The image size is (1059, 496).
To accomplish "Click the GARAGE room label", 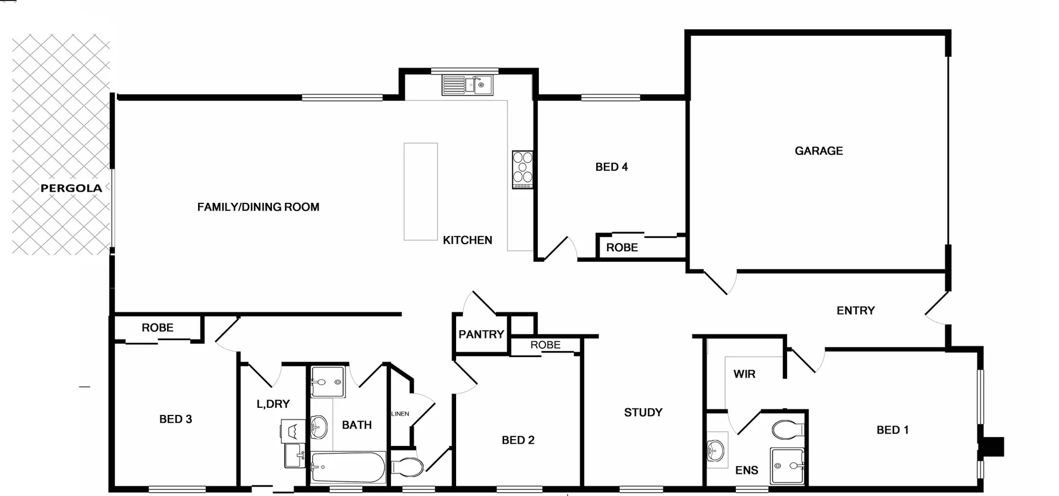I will (819, 151).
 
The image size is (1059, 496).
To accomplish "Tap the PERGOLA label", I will (71, 188).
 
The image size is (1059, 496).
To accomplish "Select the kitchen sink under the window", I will (467, 85).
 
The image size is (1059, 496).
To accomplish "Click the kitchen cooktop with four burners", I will (522, 169).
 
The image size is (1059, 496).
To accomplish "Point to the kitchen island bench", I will (420, 191).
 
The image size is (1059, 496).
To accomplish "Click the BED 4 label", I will (611, 167).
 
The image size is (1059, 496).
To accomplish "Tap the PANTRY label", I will (481, 335).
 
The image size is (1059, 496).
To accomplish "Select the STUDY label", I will (643, 413).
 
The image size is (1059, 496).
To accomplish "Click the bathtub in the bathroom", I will (348, 468).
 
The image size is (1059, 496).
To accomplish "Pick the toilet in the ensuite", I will (788, 429).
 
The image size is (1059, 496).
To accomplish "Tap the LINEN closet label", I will (400, 414).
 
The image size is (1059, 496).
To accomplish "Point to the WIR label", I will (744, 374).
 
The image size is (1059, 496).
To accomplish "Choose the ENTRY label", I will (855, 311).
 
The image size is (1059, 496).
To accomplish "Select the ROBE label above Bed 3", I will (157, 328).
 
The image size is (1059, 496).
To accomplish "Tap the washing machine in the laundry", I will (292, 431).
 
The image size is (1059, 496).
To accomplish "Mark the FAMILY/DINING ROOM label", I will (258, 207).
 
